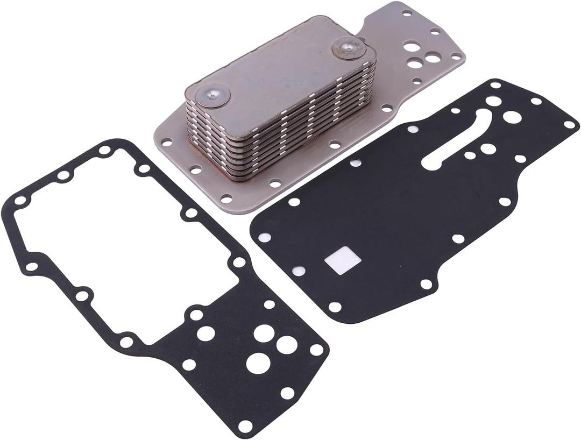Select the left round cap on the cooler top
click(212, 96)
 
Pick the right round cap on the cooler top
click(349, 48)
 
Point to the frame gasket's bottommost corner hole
click(245, 426)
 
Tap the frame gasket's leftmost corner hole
click(20, 201)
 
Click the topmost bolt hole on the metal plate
click(407, 12)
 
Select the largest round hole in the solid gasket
click(512, 117)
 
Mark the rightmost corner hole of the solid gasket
click(569, 124)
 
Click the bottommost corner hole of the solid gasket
click(335, 307)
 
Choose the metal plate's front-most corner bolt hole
click(226, 199)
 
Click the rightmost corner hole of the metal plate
click(456, 55)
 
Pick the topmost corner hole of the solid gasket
click(495, 84)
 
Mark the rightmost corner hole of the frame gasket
click(317, 350)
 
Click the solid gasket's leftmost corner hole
click(264, 237)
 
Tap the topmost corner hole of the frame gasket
click(105, 150)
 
